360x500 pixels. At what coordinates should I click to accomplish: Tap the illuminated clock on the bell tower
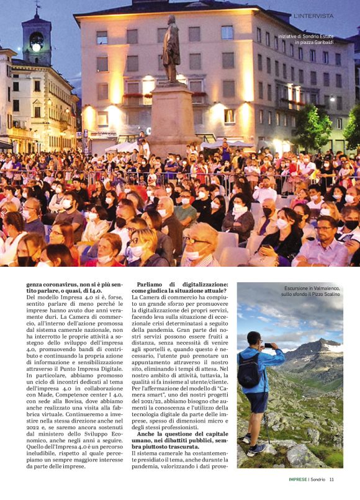pos(36,47)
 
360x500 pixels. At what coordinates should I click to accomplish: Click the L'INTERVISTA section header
pos(313,16)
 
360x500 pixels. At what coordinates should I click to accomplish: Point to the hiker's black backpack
pos(249,371)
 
